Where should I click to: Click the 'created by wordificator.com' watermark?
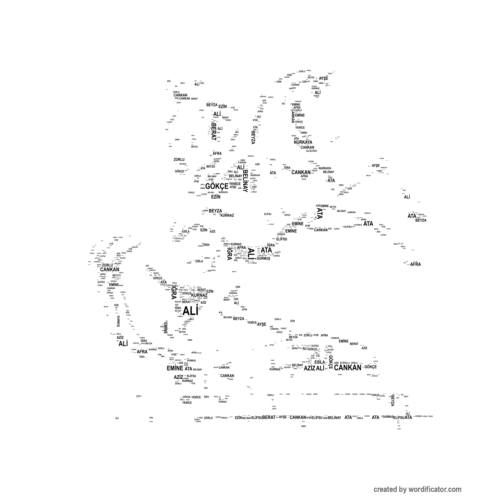[417, 489]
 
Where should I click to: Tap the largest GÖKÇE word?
[217, 186]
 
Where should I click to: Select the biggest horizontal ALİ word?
[190, 311]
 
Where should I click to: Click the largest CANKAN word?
[347, 368]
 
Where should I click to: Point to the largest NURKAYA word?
[303, 142]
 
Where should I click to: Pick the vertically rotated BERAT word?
[214, 131]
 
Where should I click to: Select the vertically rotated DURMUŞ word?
[118, 321]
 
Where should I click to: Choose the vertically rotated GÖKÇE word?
[330, 362]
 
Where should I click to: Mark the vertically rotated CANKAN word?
[293, 116]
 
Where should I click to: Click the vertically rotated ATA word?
[320, 213]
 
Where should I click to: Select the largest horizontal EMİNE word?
[175, 368]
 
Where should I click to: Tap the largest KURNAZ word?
[200, 295]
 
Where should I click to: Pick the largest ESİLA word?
[320, 362]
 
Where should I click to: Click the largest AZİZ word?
[310, 368]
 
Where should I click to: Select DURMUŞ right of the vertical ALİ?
[263, 258]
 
